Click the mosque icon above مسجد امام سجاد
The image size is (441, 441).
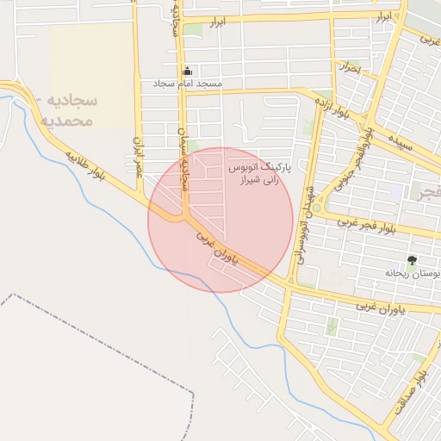tap(187, 71)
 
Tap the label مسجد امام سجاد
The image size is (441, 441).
tap(187, 84)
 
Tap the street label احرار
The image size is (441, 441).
tap(350, 66)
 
